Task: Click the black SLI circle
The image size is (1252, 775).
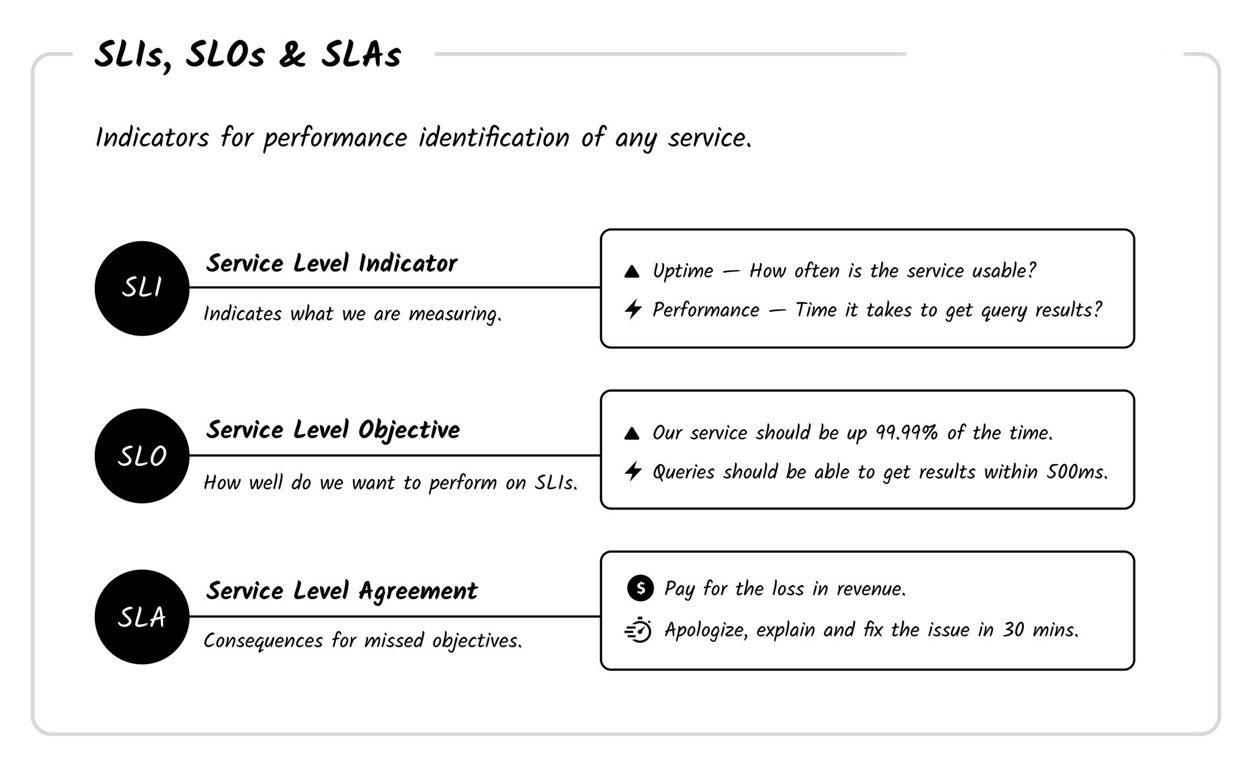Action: pos(142,288)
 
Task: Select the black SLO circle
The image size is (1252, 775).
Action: pos(142,456)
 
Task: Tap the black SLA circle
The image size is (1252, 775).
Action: pos(142,617)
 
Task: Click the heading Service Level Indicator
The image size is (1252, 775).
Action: pos(331,263)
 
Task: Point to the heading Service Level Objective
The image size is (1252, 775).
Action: pos(333,430)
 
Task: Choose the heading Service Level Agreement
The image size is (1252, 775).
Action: pos(342,591)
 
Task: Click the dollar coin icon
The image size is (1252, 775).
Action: pos(640,588)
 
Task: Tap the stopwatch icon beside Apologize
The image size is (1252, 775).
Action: pos(639,630)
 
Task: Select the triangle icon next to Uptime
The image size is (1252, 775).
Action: pos(632,271)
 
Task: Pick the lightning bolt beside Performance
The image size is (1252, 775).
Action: pos(633,309)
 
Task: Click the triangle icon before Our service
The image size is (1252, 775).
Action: pos(632,433)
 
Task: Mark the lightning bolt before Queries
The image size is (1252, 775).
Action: pos(633,471)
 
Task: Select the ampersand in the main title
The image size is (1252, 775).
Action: pos(292,55)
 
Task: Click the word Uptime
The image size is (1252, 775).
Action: pos(683,271)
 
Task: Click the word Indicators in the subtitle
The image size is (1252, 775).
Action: pos(152,138)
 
